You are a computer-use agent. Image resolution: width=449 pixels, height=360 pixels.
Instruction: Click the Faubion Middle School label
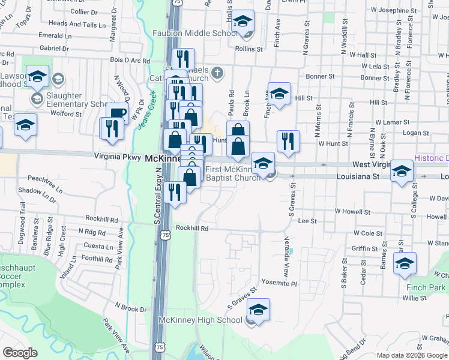(196, 34)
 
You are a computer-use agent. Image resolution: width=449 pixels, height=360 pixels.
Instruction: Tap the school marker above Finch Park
(405, 263)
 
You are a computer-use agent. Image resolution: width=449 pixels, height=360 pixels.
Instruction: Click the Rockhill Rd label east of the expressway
(192, 229)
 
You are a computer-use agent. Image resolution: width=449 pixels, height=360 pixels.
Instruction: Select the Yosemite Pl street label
(278, 283)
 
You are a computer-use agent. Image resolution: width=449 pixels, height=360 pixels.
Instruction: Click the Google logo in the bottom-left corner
(20, 353)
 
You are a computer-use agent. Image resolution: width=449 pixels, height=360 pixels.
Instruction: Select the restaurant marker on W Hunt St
(288, 141)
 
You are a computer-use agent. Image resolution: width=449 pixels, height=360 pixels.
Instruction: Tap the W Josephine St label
(393, 11)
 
